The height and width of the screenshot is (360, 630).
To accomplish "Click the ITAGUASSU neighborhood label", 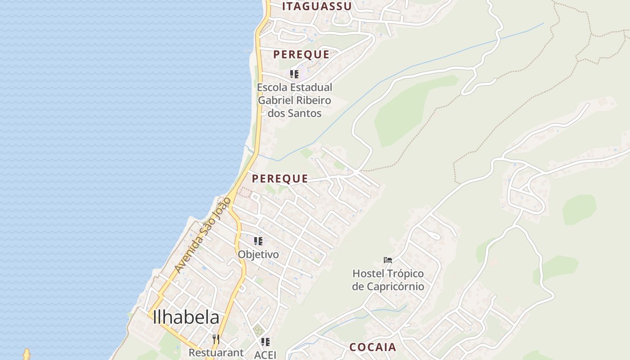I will (x=317, y=6).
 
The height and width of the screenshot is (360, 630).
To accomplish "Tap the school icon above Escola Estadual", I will (x=294, y=74).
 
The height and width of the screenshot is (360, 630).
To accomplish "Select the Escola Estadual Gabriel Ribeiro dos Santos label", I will (x=295, y=100).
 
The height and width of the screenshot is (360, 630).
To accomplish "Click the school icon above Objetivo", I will (x=258, y=241).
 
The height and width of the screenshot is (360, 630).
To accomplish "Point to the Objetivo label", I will (x=258, y=254).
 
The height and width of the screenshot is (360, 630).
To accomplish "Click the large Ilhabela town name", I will (x=186, y=318).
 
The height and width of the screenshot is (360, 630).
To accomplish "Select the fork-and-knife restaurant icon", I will (x=216, y=339).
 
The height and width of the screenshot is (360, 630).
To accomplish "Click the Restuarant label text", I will (x=216, y=352).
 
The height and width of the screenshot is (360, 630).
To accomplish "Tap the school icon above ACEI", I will (x=265, y=342).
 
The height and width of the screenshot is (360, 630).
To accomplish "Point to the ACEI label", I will (x=265, y=354).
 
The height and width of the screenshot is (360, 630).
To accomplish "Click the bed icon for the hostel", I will (x=388, y=260).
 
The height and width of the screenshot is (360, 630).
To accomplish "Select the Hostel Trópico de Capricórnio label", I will (x=388, y=280).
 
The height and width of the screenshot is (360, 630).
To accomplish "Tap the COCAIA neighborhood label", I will (x=373, y=347).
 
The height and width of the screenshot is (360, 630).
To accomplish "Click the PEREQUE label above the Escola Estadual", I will (x=301, y=54).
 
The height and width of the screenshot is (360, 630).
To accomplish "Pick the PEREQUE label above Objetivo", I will (x=280, y=179).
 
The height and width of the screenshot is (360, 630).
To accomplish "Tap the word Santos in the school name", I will (x=306, y=113).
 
